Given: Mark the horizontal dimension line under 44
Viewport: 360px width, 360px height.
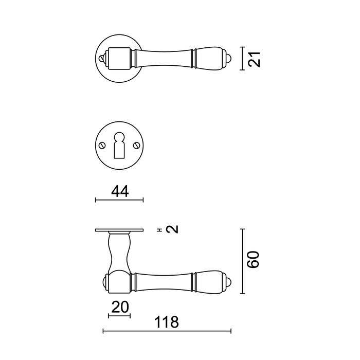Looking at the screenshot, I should (x=119, y=200).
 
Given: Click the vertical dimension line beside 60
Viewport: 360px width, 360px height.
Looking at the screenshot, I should (x=243, y=260).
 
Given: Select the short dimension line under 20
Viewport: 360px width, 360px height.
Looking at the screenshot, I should (x=119, y=315).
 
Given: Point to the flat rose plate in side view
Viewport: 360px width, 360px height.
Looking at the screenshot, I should (x=119, y=230).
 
